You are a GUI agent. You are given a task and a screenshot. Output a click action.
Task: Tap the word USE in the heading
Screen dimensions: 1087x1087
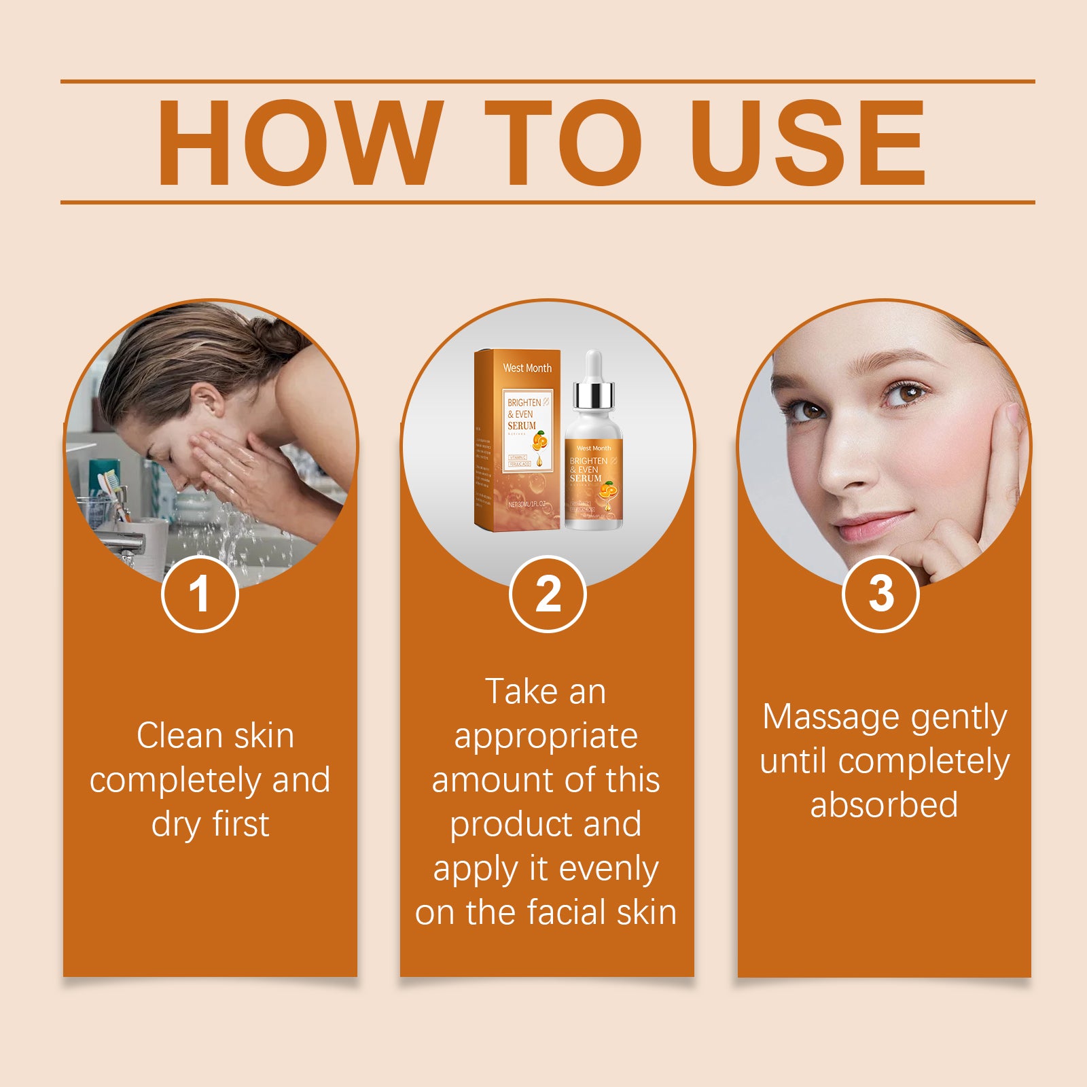point(808,143)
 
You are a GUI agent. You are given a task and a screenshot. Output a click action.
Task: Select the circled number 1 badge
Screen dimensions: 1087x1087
point(200,594)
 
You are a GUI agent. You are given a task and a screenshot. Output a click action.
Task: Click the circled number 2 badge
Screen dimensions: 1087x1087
point(548,594)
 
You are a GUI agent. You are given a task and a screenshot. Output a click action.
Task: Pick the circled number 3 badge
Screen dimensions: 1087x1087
point(881,594)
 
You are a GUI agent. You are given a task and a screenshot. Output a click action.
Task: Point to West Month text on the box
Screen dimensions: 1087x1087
point(527,368)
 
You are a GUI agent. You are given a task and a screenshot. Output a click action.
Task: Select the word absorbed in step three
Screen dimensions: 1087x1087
point(884,805)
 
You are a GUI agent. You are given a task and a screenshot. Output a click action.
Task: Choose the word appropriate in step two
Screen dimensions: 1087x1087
point(546,737)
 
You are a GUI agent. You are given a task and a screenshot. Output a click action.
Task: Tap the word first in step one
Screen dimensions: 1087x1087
point(240,824)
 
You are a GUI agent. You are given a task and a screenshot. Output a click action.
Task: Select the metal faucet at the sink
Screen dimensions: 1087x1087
point(126,543)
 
